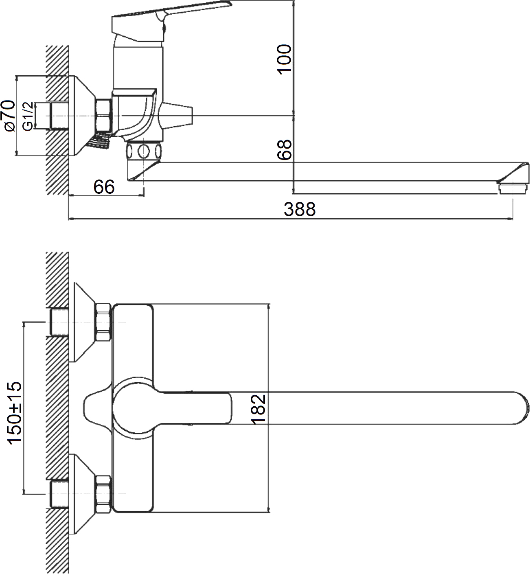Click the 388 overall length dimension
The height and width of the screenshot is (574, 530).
click(300, 209)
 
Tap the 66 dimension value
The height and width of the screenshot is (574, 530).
click(104, 187)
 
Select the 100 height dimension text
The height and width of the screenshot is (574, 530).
click(284, 59)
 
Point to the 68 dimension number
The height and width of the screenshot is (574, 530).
click(284, 150)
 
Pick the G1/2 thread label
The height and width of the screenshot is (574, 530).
click(28, 116)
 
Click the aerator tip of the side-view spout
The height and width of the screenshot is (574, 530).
click(513, 188)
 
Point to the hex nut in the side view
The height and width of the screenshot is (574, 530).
click(103, 116)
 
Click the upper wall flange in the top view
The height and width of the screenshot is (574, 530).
click(84, 322)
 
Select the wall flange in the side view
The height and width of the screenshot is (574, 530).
click(84, 116)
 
